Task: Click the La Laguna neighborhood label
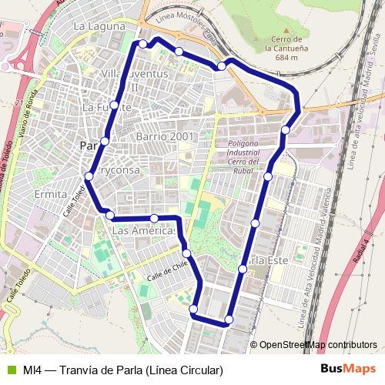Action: click(x=99, y=26)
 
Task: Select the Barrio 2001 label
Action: click(x=164, y=136)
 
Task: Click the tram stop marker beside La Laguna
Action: click(x=142, y=44)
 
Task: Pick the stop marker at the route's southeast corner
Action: click(x=229, y=320)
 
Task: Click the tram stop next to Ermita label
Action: click(x=89, y=176)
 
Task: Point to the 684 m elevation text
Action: click(x=286, y=57)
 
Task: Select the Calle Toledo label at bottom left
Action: click(x=21, y=284)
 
